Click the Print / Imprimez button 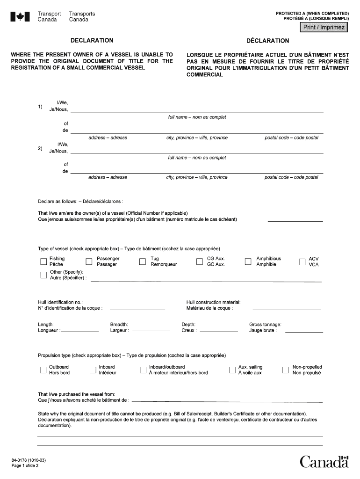(324, 28)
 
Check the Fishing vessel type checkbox (43, 262)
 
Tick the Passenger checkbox (89, 262)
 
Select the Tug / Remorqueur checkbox (143, 262)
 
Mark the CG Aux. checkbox (199, 262)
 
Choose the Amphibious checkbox (248, 262)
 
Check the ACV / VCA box (302, 262)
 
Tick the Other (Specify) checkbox (43, 275)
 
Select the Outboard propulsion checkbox (43, 370)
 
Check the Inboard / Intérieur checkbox (93, 370)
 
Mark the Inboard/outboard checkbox (143, 370)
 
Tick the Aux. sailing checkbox (232, 370)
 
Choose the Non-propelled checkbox (285, 370)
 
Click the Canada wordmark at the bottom (324, 462)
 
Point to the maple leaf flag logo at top (20, 17)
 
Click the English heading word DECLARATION (92, 41)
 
